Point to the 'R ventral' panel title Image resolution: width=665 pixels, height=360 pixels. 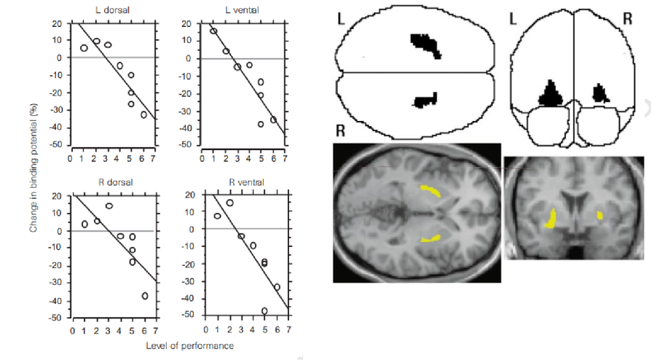coord(246,182)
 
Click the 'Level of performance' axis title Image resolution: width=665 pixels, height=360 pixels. coord(190,345)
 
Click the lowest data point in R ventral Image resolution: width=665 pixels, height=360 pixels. coord(264,311)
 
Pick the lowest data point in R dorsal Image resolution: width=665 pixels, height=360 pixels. coord(145,296)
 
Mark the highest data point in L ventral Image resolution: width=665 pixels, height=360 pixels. coord(213,31)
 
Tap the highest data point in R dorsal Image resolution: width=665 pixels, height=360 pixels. coord(109,206)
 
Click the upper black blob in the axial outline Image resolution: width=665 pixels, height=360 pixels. coord(425,45)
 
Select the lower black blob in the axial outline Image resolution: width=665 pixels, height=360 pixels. coord(425,101)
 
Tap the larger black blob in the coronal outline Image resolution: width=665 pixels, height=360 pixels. coord(551,94)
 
